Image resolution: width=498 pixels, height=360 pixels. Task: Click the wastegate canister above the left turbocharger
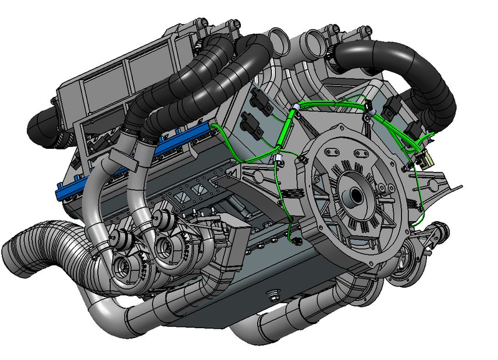coord(121,238)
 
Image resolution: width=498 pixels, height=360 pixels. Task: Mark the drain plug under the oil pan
coord(271,294)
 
